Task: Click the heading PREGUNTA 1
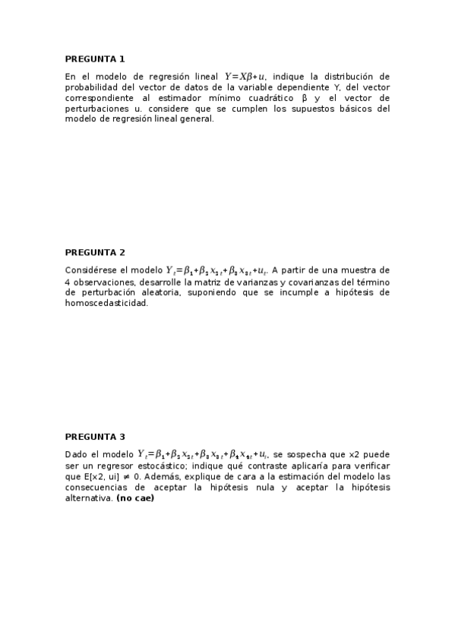95,58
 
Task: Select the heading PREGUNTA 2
95,252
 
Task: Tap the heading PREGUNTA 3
95,437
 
